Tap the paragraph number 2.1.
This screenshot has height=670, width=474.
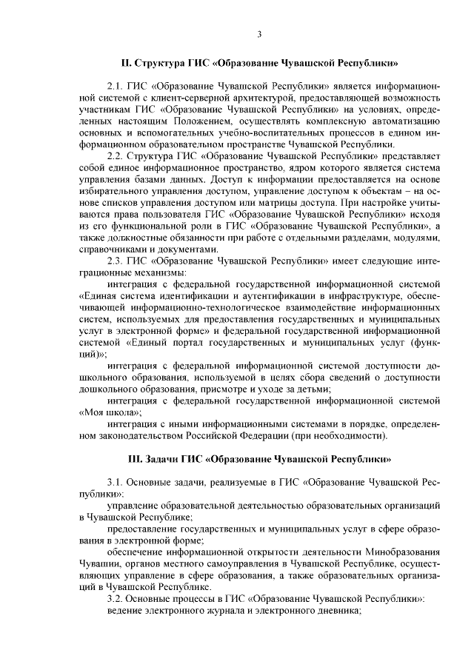click(116, 87)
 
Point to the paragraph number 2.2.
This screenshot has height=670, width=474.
click(116, 156)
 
